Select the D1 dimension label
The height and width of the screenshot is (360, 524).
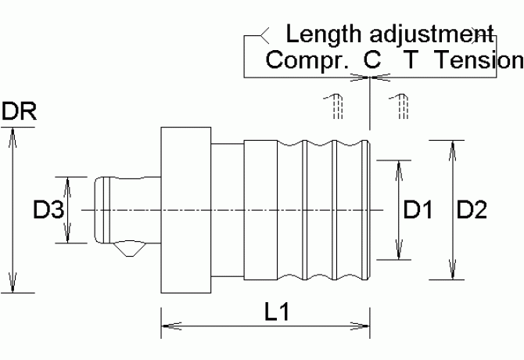click(418, 210)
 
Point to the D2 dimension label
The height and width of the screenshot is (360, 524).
click(471, 210)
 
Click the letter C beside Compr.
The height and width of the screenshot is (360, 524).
click(371, 60)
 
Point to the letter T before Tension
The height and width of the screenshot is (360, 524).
click(411, 60)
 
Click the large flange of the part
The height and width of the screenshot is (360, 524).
click(186, 210)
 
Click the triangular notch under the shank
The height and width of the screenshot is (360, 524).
click(127, 250)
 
